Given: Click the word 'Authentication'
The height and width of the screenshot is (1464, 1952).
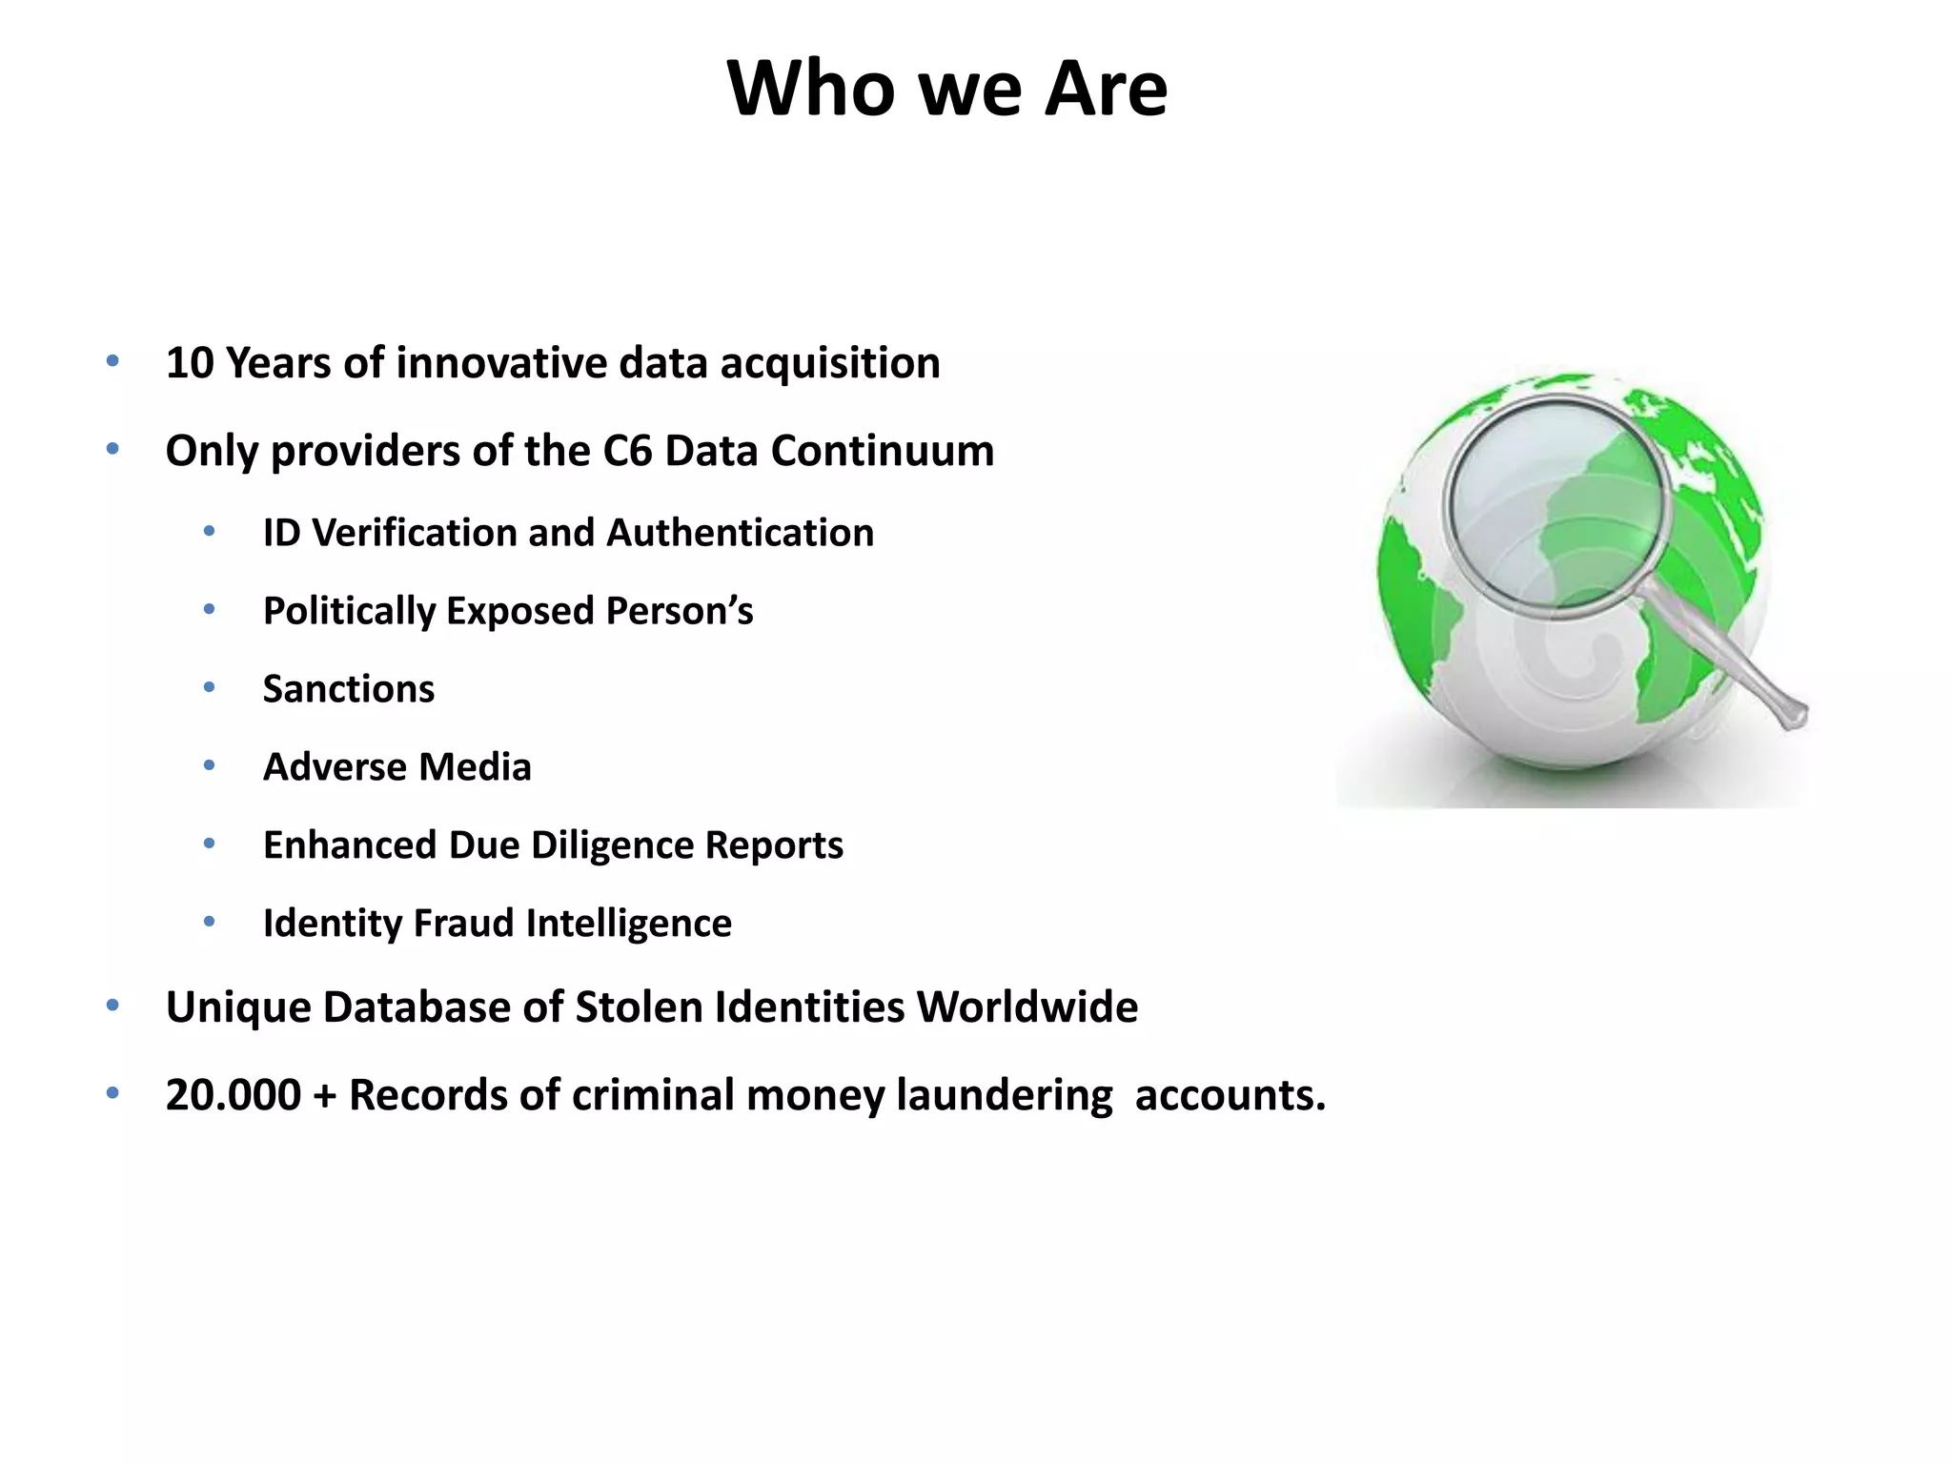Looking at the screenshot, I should [x=740, y=533].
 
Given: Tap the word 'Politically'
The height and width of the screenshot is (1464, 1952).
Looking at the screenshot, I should [x=348, y=612].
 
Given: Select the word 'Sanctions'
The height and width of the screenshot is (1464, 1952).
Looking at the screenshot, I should [x=349, y=689].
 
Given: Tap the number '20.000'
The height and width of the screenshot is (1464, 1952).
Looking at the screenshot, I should [x=234, y=1095].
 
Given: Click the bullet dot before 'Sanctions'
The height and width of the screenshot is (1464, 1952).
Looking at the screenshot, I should [x=209, y=687].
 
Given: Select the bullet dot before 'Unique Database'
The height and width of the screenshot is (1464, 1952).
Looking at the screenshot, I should [x=112, y=1006].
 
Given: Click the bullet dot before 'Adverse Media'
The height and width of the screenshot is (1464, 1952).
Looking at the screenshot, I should [x=209, y=765].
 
